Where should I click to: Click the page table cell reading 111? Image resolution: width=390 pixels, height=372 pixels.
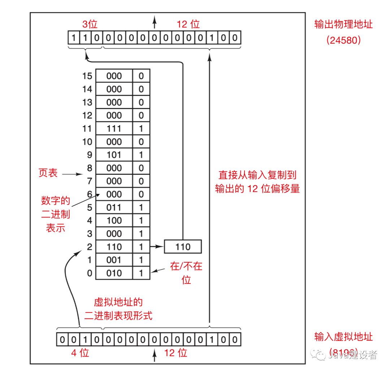coord(114,129)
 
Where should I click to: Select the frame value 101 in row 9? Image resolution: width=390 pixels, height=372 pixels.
coord(114,155)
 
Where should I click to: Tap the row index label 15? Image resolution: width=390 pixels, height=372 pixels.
coord(87,76)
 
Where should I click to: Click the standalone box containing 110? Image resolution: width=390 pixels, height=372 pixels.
coord(183,247)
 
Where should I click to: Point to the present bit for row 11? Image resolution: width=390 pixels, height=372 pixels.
coord(141,129)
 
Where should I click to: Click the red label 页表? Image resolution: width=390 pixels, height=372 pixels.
coord(48,173)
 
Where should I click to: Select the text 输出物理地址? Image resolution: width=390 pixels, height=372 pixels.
coord(343,25)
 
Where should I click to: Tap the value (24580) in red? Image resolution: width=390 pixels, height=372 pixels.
coord(343,40)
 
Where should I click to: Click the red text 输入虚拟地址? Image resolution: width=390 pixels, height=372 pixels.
coord(343,337)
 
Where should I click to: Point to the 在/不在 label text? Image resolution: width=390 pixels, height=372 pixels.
coord(186,267)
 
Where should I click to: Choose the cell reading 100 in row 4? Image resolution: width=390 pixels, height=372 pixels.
coord(114,221)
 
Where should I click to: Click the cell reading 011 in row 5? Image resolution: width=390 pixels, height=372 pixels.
coord(114,208)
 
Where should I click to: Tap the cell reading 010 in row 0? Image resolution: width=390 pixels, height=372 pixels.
coord(114,273)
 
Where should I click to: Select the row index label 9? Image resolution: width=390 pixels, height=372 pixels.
coord(90,155)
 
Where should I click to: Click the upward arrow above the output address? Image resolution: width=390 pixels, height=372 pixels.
coord(155,22)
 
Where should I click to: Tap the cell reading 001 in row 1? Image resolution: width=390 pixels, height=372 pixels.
coord(114,260)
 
